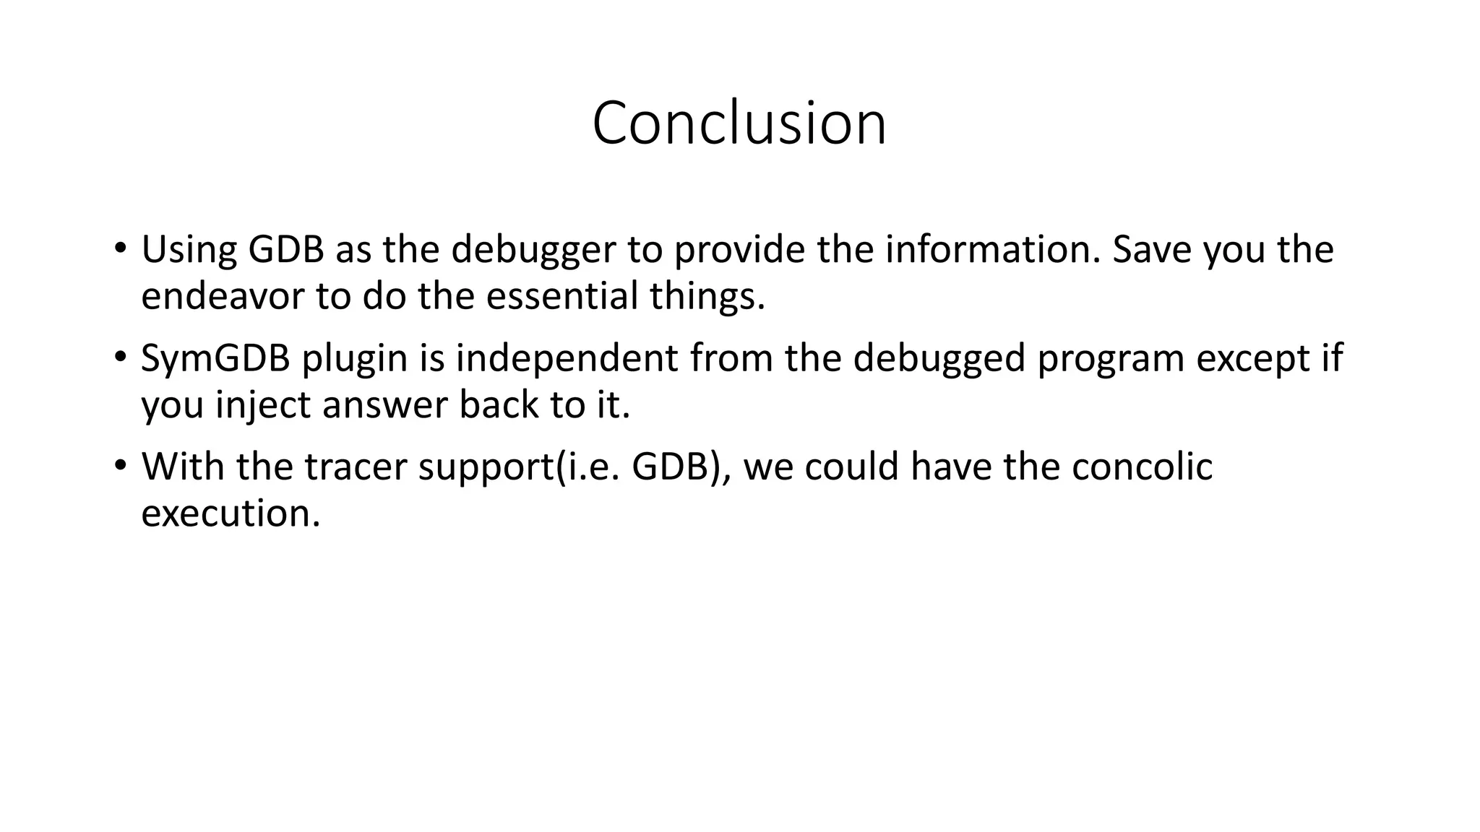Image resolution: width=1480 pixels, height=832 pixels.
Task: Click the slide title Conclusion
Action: tap(739, 123)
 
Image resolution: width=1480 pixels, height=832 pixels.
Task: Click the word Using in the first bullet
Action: tap(189, 250)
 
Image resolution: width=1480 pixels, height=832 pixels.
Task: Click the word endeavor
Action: tap(223, 297)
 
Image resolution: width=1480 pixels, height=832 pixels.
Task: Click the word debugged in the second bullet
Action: tap(939, 358)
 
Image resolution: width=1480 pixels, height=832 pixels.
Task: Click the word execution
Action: tap(230, 513)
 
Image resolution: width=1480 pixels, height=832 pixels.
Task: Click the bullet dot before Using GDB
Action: tap(120, 249)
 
